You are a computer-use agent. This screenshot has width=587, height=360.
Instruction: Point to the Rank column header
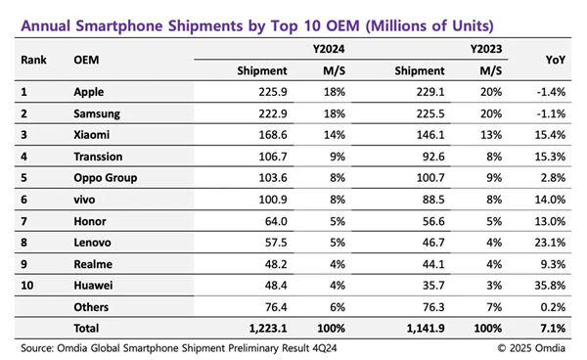[x=34, y=61]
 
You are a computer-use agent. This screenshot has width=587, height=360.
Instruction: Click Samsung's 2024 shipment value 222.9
[x=271, y=113]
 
